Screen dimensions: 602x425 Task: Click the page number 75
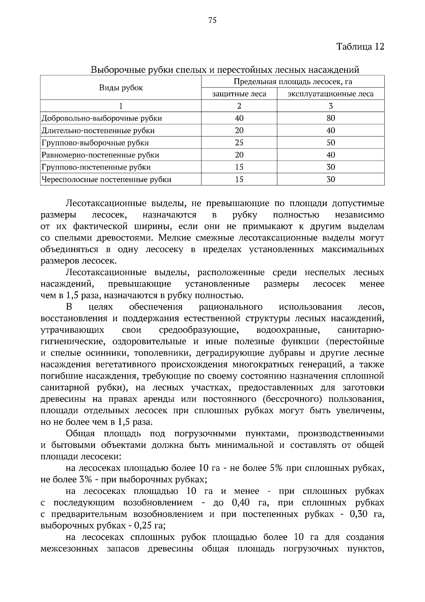tap(212, 20)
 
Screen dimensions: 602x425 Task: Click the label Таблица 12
tap(360, 47)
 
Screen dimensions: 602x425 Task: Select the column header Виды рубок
tap(121, 88)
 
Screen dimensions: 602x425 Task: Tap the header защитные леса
tap(239, 94)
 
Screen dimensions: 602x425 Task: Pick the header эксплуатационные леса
tap(330, 94)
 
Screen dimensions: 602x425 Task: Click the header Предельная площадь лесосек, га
tap(293, 82)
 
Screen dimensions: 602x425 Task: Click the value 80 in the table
tap(330, 118)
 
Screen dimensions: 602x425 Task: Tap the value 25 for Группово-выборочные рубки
tap(239, 143)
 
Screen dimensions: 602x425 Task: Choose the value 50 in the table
tap(330, 143)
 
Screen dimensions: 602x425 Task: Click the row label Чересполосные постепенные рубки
tap(106, 179)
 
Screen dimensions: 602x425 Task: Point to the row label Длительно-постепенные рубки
tap(98, 130)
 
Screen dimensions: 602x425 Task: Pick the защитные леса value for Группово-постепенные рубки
tap(239, 167)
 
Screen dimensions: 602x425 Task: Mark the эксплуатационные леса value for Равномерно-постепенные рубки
tap(330, 155)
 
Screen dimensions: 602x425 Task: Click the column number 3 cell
tap(330, 106)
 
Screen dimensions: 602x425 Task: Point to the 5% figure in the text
tap(276, 468)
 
